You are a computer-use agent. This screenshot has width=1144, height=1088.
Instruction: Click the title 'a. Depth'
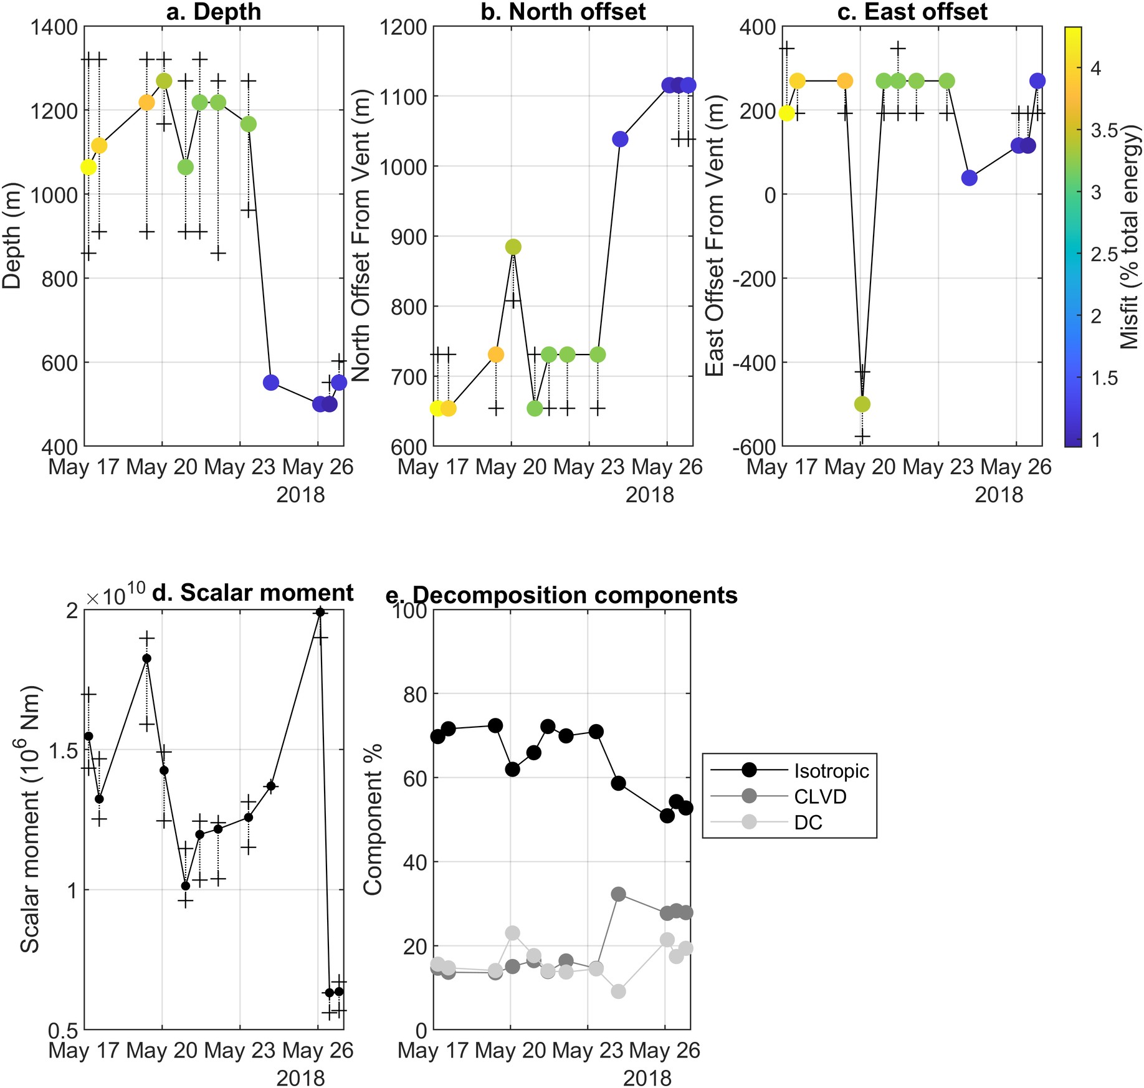(x=214, y=12)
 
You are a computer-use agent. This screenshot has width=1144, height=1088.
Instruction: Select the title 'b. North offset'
(x=563, y=12)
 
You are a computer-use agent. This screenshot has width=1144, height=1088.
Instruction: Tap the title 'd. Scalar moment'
(x=252, y=593)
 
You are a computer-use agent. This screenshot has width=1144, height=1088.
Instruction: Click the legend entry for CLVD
(x=820, y=796)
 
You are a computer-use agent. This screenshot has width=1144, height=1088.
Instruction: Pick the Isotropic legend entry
(x=831, y=771)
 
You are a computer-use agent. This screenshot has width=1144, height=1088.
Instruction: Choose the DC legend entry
(x=808, y=823)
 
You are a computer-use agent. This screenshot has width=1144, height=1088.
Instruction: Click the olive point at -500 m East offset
(x=862, y=404)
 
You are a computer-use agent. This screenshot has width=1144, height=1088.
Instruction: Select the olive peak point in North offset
(x=513, y=247)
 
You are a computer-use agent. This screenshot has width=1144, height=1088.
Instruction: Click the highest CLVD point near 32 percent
(x=618, y=894)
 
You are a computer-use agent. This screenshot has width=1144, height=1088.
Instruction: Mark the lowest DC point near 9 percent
(x=618, y=991)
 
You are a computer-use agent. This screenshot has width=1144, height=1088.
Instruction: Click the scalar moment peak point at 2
(x=320, y=613)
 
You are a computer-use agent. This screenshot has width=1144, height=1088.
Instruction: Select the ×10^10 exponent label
(x=116, y=595)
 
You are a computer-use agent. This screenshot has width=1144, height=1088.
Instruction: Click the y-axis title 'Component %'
(x=373, y=819)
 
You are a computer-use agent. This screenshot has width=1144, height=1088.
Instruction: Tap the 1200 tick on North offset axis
(x=405, y=27)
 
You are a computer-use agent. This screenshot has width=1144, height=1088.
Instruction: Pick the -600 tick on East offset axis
(x=754, y=446)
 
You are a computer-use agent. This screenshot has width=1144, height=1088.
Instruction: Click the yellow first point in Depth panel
(x=88, y=167)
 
